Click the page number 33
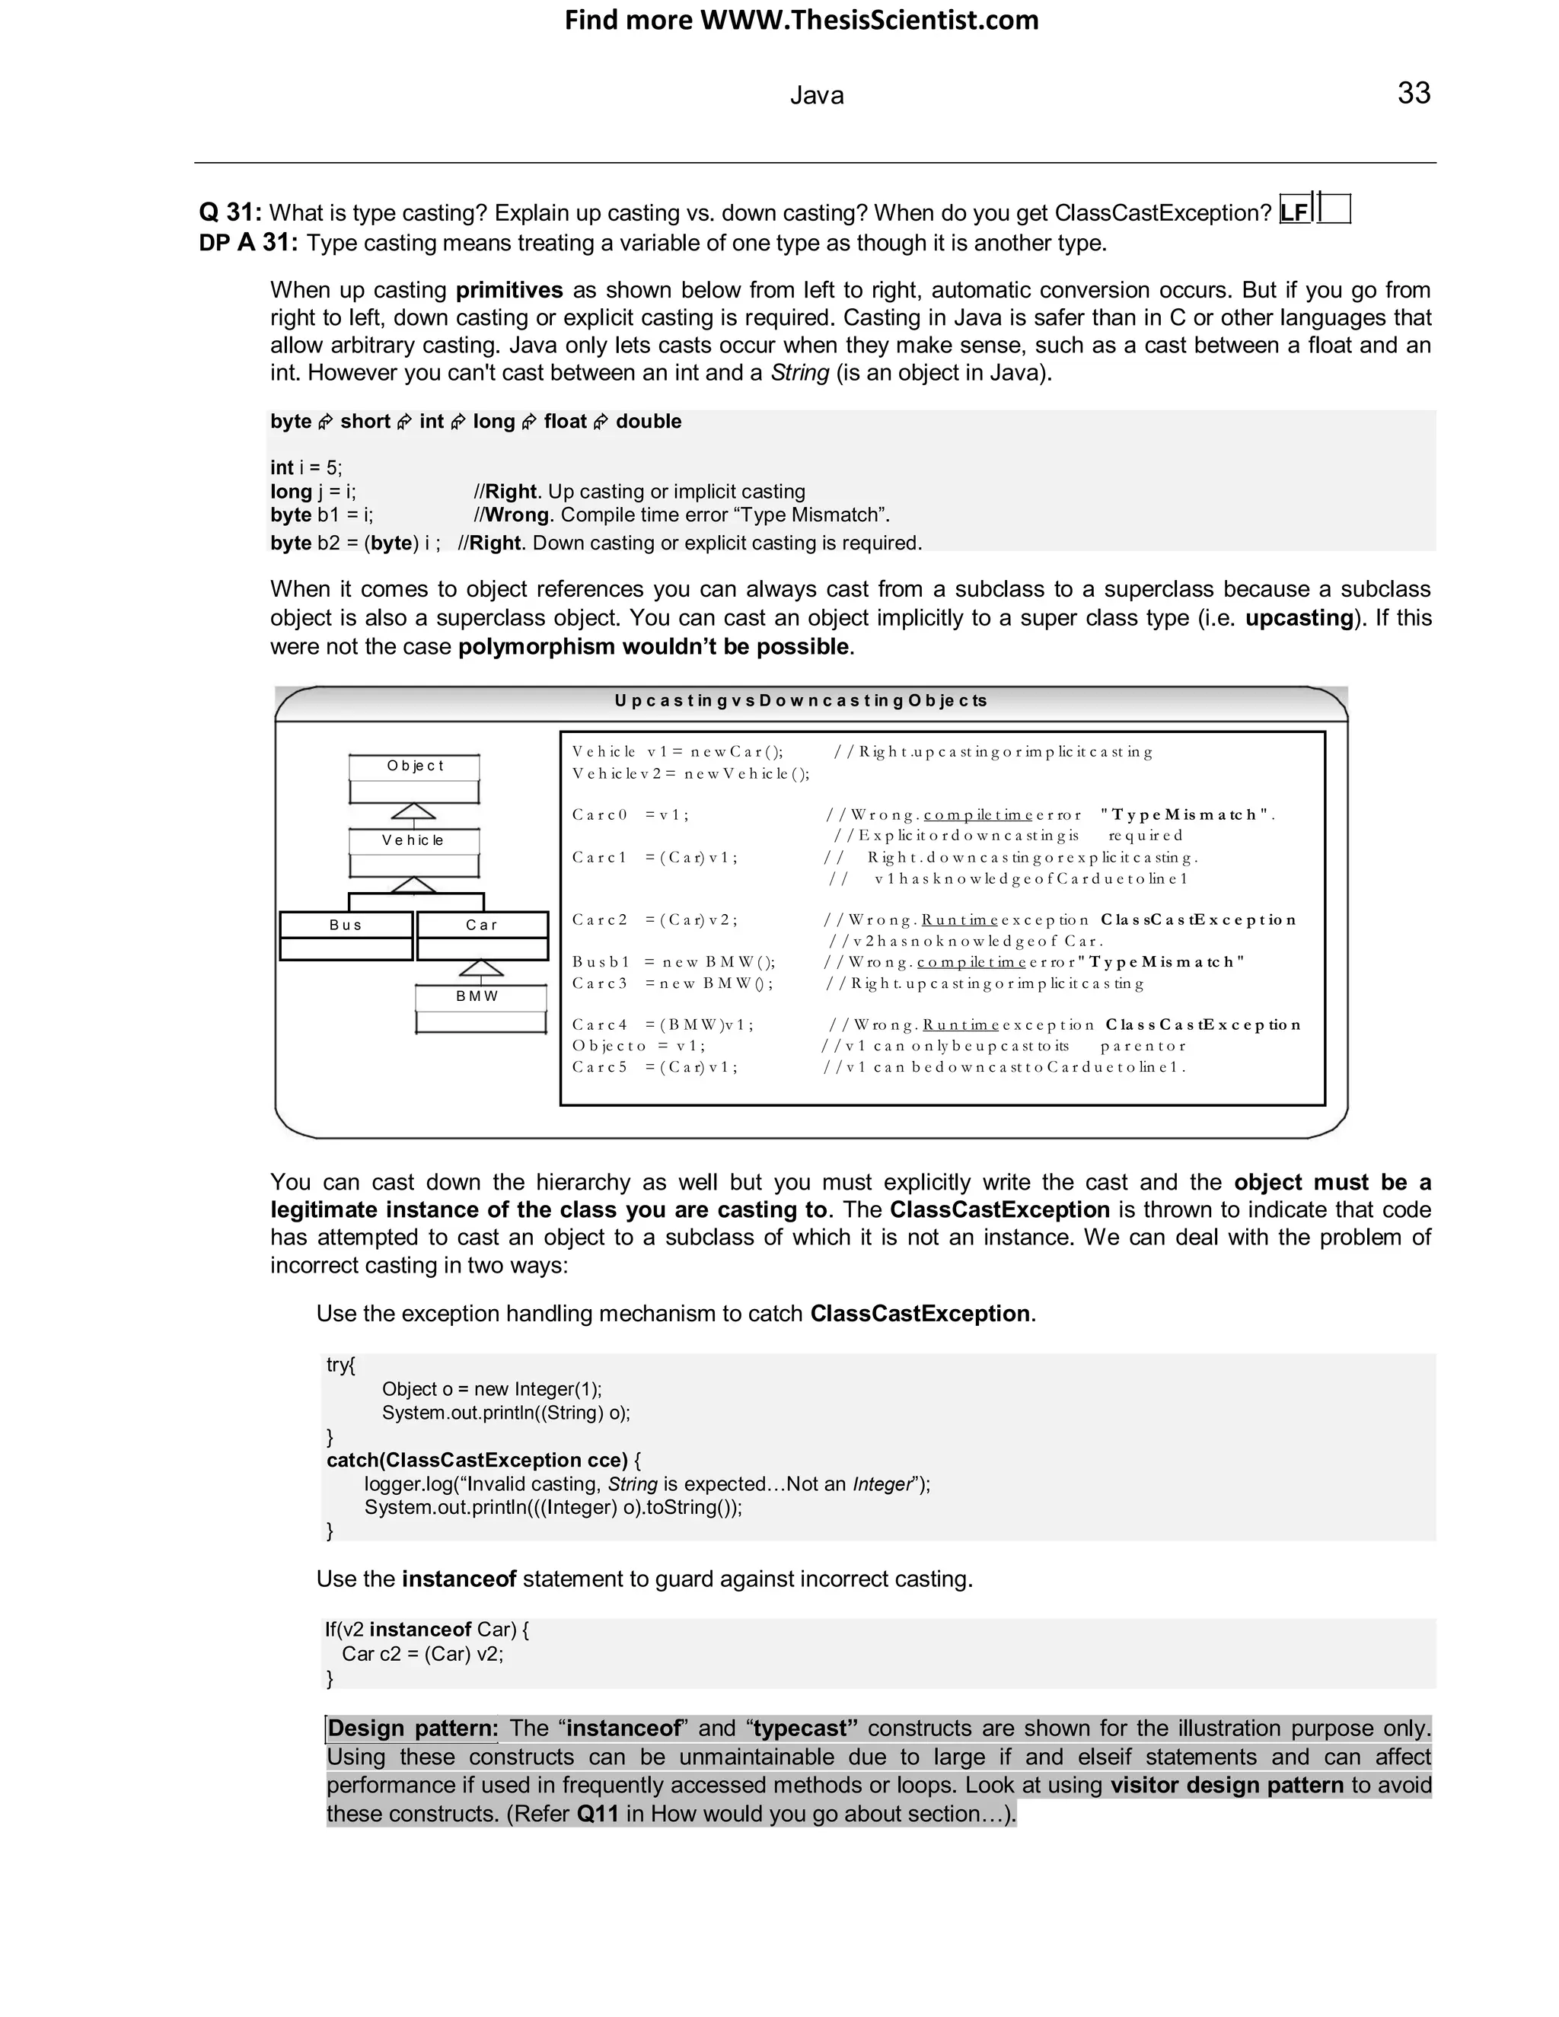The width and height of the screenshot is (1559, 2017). coord(1413,94)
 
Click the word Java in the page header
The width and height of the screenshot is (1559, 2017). coord(817,96)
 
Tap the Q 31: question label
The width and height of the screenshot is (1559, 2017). coord(230,212)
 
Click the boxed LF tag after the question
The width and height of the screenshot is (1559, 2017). coord(1295,212)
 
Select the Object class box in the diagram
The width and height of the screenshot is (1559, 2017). coord(414,779)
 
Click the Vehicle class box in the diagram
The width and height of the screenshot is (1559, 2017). coord(414,852)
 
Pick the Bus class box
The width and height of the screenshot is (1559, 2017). coord(346,935)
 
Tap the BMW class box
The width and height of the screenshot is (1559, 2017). coord(480,1008)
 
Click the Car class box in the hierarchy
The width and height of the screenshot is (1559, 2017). coord(482,935)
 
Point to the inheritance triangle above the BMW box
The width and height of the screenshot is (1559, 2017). coord(481,968)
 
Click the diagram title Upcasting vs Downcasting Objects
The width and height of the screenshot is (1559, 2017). coord(800,701)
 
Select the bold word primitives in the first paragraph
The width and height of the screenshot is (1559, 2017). coord(509,290)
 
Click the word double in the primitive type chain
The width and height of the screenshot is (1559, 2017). coord(649,421)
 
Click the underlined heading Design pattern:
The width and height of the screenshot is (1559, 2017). coord(412,1728)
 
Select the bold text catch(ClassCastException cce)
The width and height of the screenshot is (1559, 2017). coord(477,1459)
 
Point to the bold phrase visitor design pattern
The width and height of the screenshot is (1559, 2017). coord(1226,1784)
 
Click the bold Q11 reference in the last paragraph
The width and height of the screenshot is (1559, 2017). coord(597,1813)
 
